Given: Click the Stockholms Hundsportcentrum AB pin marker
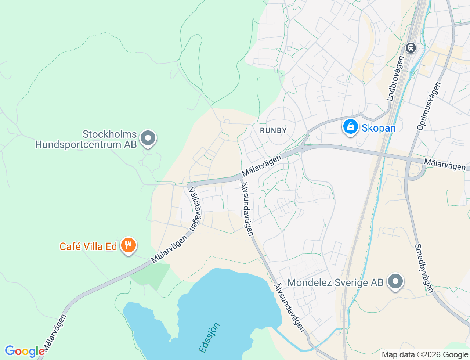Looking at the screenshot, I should click(x=148, y=138).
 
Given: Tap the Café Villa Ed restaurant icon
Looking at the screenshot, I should click(x=128, y=245).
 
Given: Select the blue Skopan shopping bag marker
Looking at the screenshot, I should click(x=351, y=127).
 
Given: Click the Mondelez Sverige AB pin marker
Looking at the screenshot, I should click(x=395, y=281).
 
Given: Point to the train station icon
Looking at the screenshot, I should click(x=411, y=48).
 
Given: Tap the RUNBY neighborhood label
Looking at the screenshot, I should click(x=273, y=130).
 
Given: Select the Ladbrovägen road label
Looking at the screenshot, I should click(x=395, y=78).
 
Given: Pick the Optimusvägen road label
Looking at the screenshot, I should click(x=429, y=106).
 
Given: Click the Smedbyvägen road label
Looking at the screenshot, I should click(x=424, y=269).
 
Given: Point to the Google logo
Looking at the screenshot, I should click(x=24, y=352).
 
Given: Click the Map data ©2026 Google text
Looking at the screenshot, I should click(x=425, y=355).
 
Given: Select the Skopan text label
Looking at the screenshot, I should click(x=379, y=128).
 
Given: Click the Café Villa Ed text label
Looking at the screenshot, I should click(x=88, y=246).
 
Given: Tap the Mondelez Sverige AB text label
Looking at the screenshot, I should click(x=335, y=282).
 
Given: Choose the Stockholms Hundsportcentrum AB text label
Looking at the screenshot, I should click(x=86, y=139).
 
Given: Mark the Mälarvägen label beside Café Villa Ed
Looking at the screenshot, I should click(x=170, y=249).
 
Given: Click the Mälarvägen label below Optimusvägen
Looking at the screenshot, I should click(x=445, y=164).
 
